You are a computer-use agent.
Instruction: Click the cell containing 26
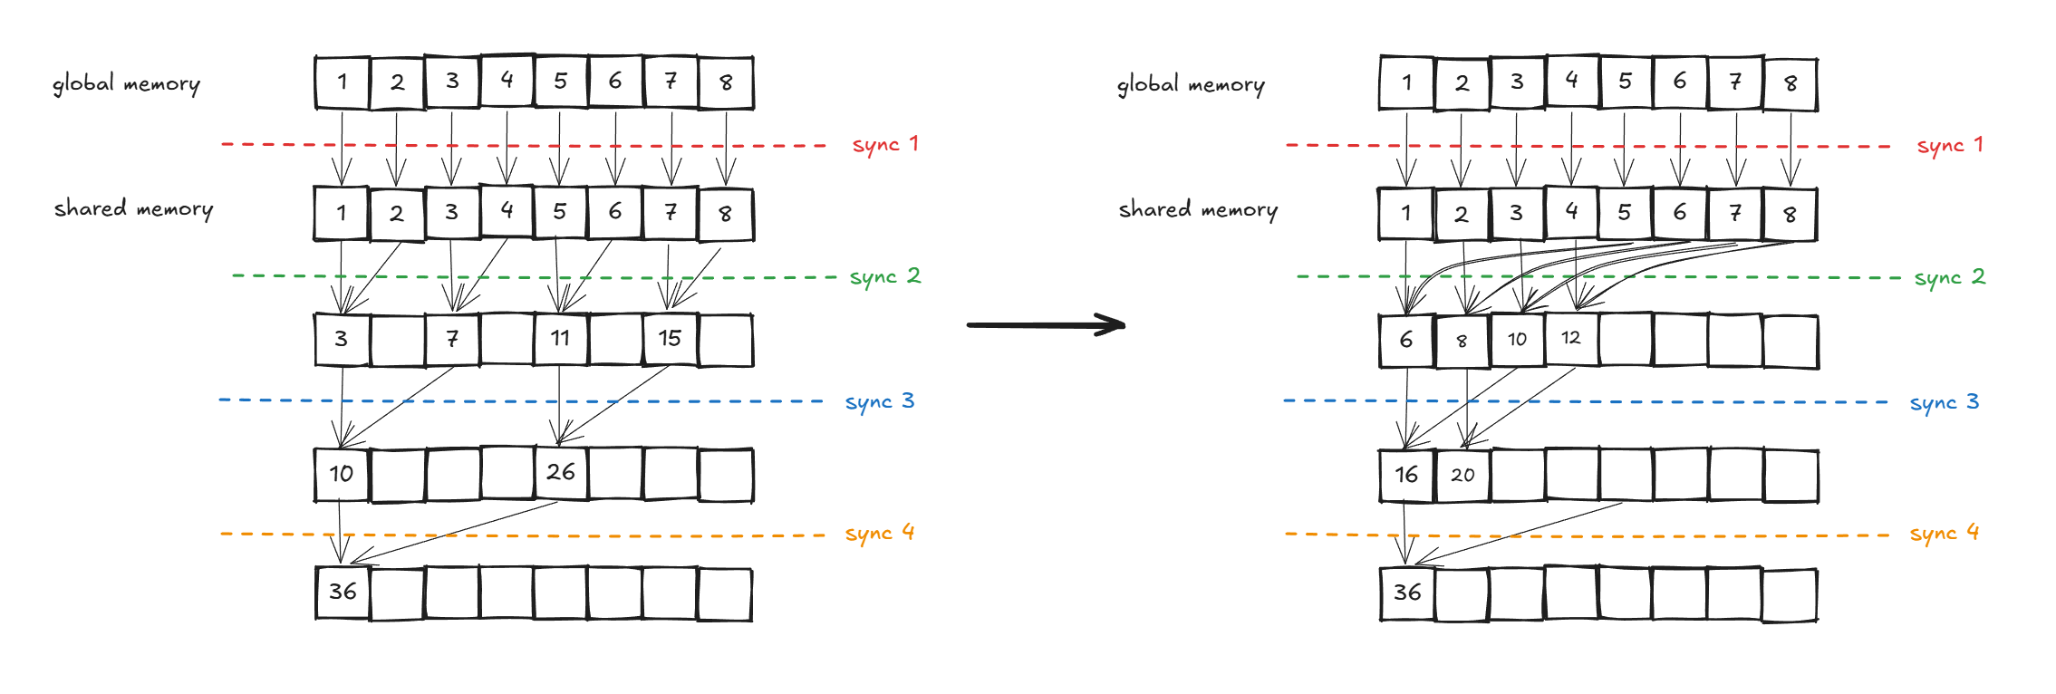tap(561, 472)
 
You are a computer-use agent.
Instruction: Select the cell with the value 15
tap(670, 339)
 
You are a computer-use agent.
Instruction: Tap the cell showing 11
tap(560, 339)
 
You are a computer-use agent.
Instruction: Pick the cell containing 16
tap(1406, 475)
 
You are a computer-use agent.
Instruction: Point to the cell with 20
tap(1462, 475)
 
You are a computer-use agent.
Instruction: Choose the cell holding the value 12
tap(1571, 338)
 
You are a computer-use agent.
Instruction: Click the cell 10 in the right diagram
tap(1517, 340)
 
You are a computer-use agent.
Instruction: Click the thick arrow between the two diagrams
tap(1046, 324)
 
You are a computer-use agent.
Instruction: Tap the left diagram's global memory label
tap(126, 83)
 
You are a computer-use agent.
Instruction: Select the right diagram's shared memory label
tap(1197, 209)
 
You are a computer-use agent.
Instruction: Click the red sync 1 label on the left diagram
tap(884, 144)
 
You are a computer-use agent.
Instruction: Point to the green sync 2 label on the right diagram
tap(1949, 276)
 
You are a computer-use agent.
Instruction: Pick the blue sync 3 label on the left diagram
tap(879, 401)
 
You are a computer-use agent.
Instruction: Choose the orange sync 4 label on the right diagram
tap(1944, 533)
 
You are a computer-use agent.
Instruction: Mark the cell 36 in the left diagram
tap(343, 593)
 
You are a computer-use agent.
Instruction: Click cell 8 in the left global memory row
tap(726, 82)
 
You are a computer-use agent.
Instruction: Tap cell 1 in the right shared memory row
tap(1405, 214)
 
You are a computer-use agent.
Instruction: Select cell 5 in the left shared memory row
tap(560, 213)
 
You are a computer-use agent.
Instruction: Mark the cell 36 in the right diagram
tap(1407, 593)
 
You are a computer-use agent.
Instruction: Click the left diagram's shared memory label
tap(133, 208)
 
